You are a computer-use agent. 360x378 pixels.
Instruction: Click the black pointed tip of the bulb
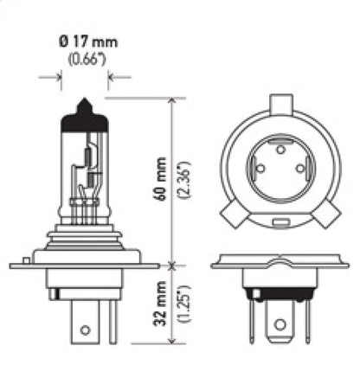click(84, 106)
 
